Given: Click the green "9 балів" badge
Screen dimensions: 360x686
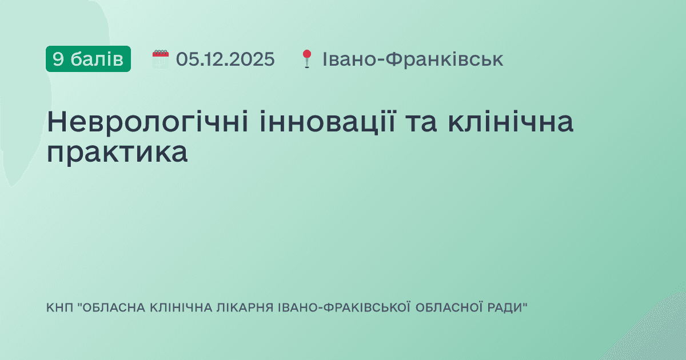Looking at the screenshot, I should click(x=88, y=59).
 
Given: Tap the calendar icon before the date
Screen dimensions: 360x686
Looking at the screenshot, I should click(x=161, y=59).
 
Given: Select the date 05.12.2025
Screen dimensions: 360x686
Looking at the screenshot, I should click(x=225, y=59).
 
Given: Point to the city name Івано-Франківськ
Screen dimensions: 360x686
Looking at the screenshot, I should click(x=413, y=59).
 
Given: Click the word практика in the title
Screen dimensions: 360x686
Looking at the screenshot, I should click(x=117, y=153).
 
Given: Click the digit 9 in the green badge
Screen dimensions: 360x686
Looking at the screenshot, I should click(x=57, y=59).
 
